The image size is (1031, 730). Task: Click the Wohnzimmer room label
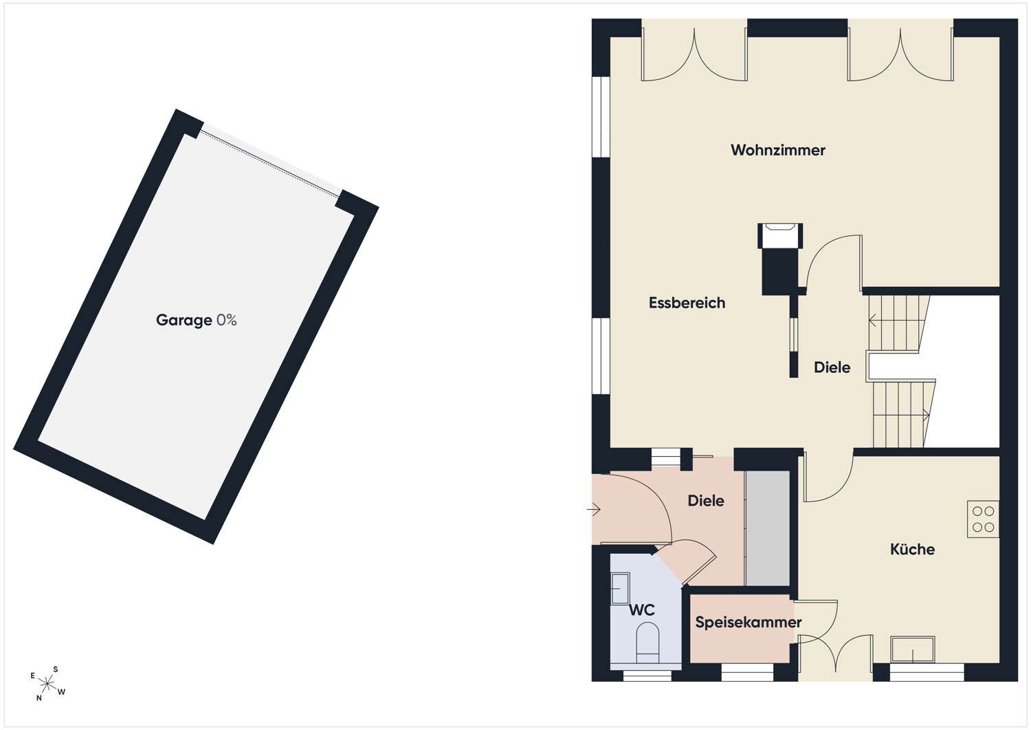[x=778, y=150]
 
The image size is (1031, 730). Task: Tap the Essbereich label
[x=687, y=303]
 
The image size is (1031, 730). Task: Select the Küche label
[x=912, y=549]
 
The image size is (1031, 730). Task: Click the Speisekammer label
[x=749, y=622]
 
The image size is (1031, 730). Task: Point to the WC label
[x=641, y=610]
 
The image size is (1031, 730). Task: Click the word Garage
[x=184, y=321]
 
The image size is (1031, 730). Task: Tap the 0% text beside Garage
[x=226, y=320]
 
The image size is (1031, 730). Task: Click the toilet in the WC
[x=647, y=643]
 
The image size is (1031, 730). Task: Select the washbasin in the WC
[x=620, y=588]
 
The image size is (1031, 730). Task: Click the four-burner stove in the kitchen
[x=983, y=519]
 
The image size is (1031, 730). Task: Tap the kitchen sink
[x=912, y=649]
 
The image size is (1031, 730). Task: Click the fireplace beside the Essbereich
[x=780, y=259]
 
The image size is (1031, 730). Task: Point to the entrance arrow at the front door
[x=594, y=510]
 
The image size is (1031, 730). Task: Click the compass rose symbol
[x=47, y=683]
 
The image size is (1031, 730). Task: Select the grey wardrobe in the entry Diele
[x=767, y=528]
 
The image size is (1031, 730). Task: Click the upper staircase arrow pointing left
[x=872, y=319]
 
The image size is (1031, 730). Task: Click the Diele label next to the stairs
[x=832, y=367]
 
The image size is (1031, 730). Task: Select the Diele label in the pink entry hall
[x=706, y=500]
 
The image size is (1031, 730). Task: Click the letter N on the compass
[x=39, y=698]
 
